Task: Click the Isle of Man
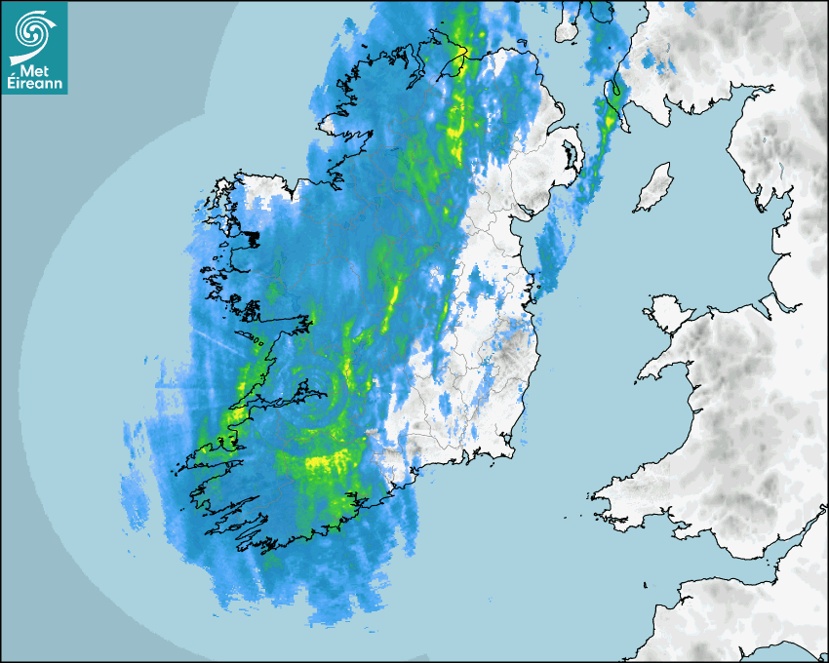pyautogui.click(x=652, y=188)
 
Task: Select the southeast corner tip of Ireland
pyautogui.click(x=514, y=451)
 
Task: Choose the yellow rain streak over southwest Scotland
pyautogui.click(x=611, y=117)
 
